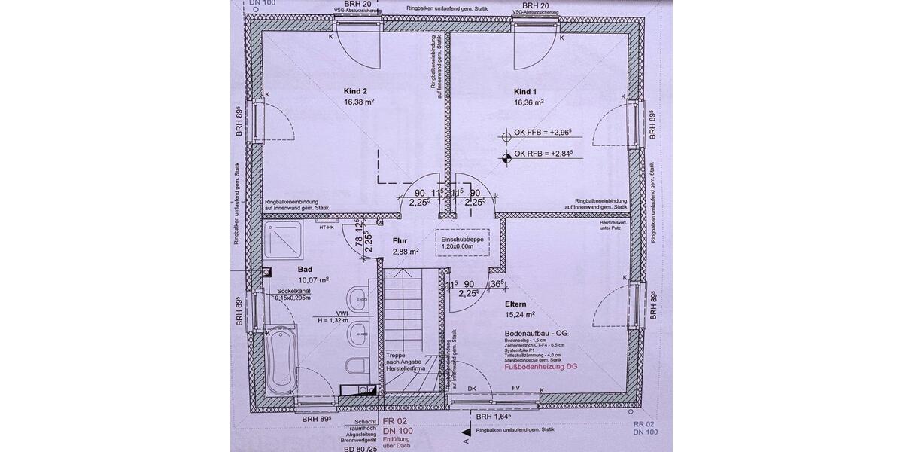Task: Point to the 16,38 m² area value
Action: (x=359, y=102)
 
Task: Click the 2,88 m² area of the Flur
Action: (x=406, y=252)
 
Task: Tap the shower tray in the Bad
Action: (x=285, y=241)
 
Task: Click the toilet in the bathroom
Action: (x=354, y=366)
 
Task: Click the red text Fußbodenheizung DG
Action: (x=540, y=368)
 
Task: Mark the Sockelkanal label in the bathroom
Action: (x=293, y=290)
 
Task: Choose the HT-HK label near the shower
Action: (x=327, y=227)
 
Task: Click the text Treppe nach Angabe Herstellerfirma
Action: (x=406, y=362)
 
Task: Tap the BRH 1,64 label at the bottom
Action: (x=491, y=417)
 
